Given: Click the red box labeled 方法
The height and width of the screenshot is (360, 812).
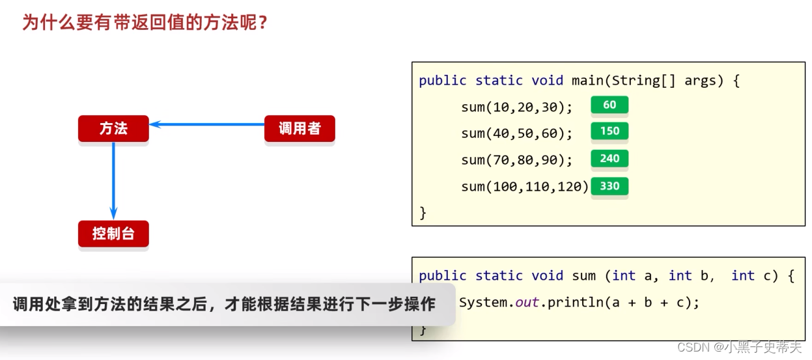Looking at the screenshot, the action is pyautogui.click(x=113, y=129).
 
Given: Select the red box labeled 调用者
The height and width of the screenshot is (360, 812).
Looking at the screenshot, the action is pyautogui.click(x=300, y=129).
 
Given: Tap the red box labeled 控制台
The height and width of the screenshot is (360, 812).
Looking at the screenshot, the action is pyautogui.click(x=113, y=234).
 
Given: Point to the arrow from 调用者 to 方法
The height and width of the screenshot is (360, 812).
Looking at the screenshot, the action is pyautogui.click(x=206, y=124).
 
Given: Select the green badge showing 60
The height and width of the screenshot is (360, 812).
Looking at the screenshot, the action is pyautogui.click(x=609, y=105).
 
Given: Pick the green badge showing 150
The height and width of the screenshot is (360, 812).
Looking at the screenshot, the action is pyautogui.click(x=609, y=132).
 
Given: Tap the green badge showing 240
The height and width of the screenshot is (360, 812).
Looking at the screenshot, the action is pyautogui.click(x=609, y=159).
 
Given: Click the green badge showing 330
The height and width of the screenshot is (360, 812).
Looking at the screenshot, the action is pyautogui.click(x=609, y=186).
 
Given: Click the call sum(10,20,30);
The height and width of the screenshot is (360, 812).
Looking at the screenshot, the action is pyautogui.click(x=516, y=107).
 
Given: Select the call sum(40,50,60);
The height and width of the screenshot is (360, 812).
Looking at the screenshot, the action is pyautogui.click(x=516, y=133).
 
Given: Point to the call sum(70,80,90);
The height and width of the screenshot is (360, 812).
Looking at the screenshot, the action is pyautogui.click(x=516, y=160).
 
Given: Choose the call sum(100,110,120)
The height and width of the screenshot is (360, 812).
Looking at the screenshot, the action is pyautogui.click(x=524, y=187).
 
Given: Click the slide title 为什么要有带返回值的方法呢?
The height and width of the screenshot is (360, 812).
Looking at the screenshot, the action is pyautogui.click(x=145, y=23).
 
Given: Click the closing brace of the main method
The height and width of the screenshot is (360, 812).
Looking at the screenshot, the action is pyautogui.click(x=423, y=213).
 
